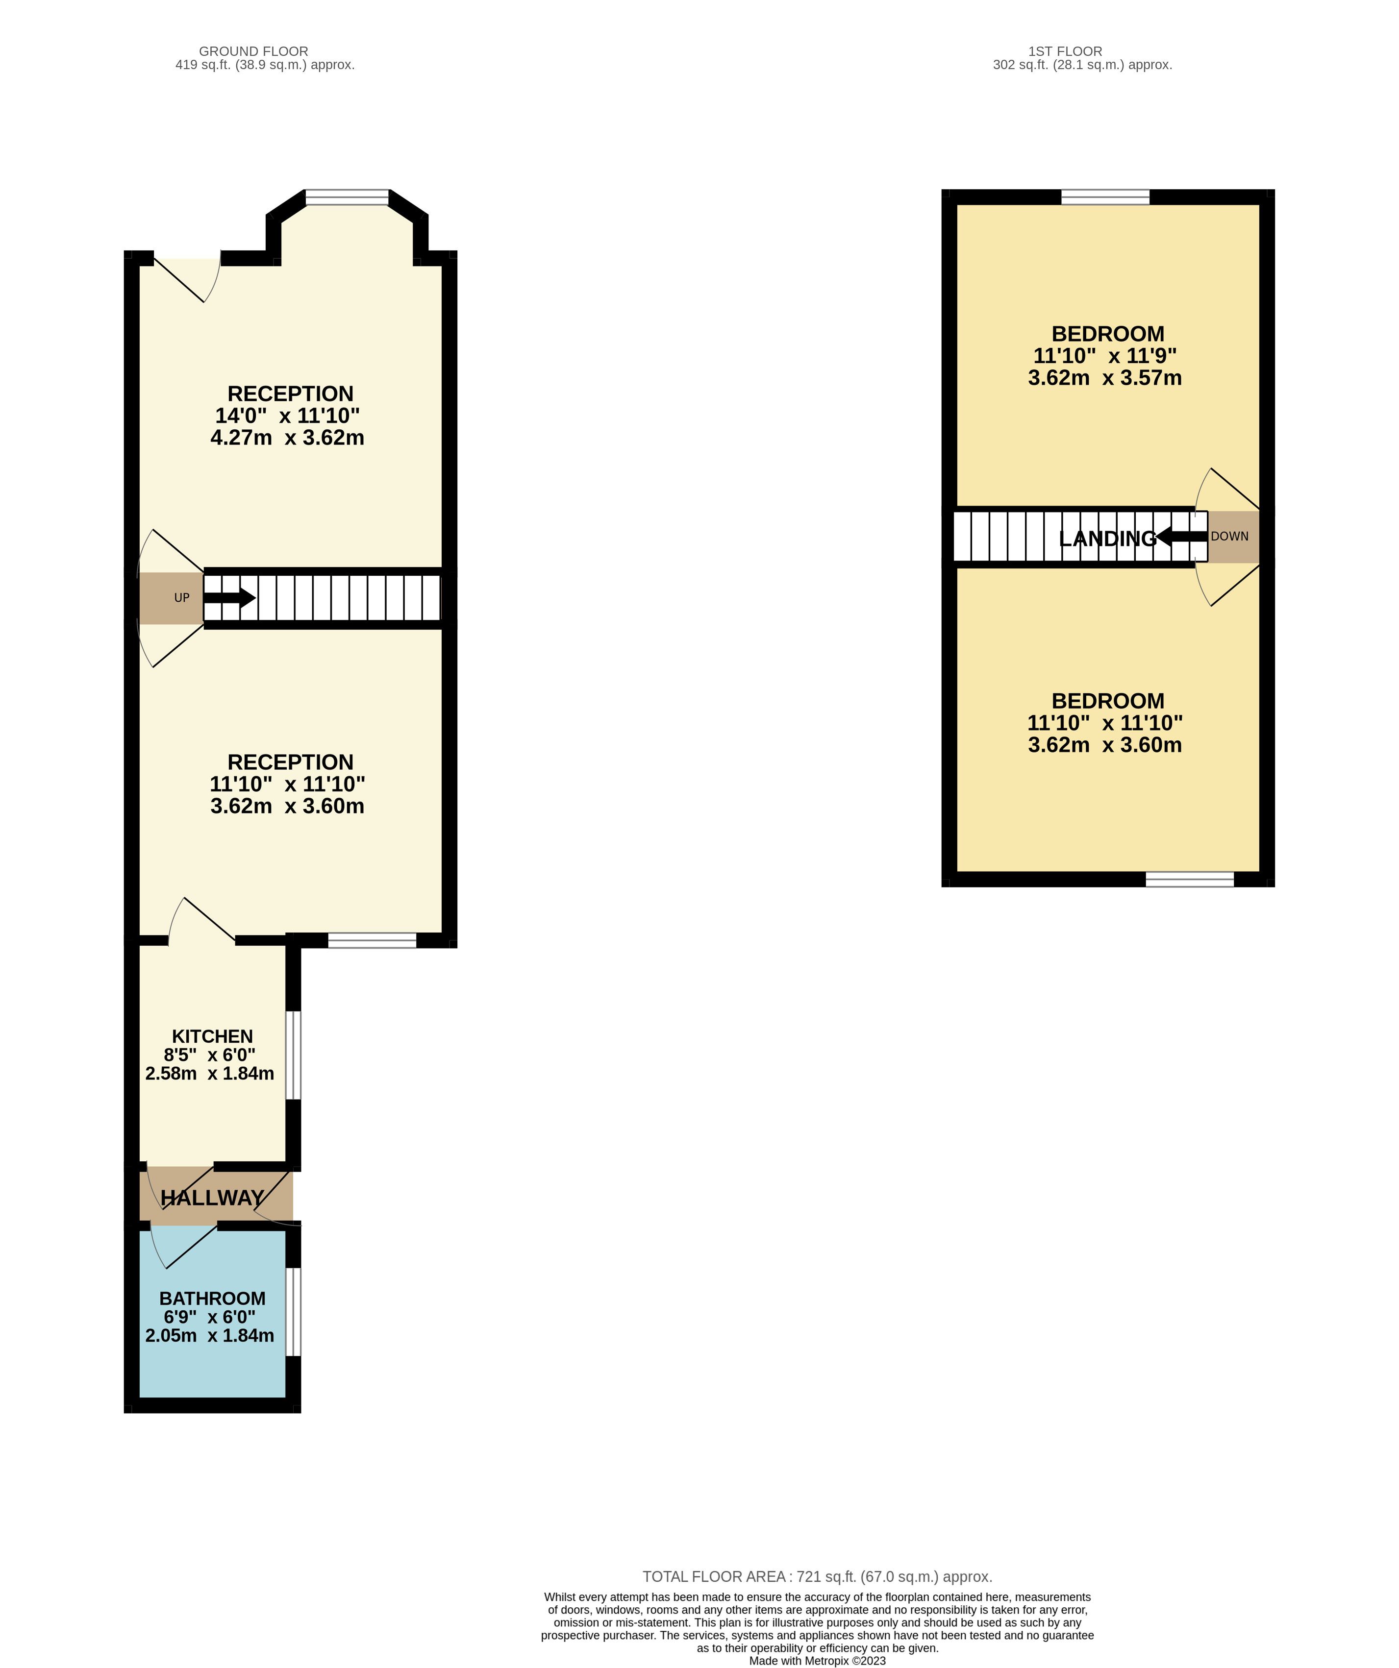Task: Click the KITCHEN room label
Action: tap(212, 1036)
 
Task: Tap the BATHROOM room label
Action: tap(212, 1299)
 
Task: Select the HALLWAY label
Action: tap(212, 1198)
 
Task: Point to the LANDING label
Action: tap(1107, 539)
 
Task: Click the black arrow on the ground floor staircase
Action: tap(229, 598)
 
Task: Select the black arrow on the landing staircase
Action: tap(1181, 537)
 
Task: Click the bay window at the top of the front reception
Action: tap(347, 197)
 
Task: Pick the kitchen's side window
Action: tap(293, 1055)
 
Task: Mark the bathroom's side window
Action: tap(293, 1311)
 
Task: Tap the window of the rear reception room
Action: tap(372, 940)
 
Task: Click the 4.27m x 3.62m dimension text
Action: tap(288, 438)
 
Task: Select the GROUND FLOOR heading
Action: tap(253, 51)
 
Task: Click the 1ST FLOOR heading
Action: tap(1065, 51)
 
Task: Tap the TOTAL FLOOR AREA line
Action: tap(818, 1577)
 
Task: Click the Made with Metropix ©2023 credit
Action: tap(818, 1661)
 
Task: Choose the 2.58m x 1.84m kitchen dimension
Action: tap(210, 1074)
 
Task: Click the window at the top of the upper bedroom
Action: tap(1105, 197)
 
